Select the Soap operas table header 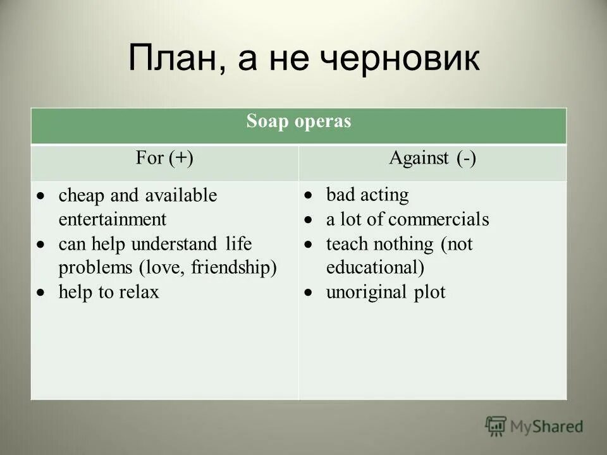click(x=298, y=122)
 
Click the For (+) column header click(x=164, y=158)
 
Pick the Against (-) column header click(x=432, y=158)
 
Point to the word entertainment click(x=113, y=219)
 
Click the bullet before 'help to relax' click(x=40, y=292)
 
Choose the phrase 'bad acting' click(x=367, y=195)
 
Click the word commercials click(x=438, y=219)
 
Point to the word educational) click(x=375, y=268)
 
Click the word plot click(x=430, y=293)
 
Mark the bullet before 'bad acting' click(x=308, y=196)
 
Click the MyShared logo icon click(x=496, y=427)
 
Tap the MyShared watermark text click(x=547, y=427)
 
